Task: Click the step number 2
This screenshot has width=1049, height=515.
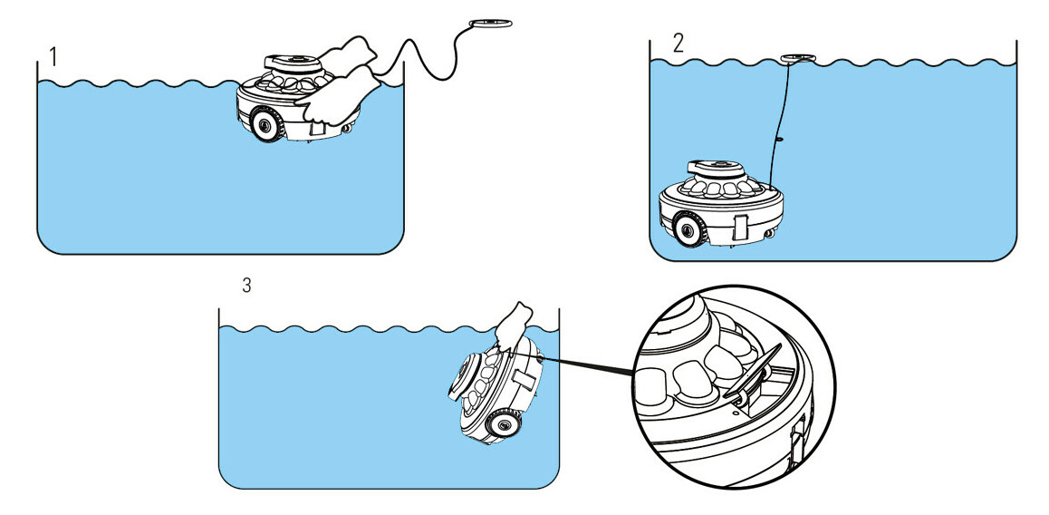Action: [678, 43]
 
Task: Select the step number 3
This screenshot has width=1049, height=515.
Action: [247, 285]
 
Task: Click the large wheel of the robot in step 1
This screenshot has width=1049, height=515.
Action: [265, 125]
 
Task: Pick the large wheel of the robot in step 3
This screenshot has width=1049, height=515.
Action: [500, 423]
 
